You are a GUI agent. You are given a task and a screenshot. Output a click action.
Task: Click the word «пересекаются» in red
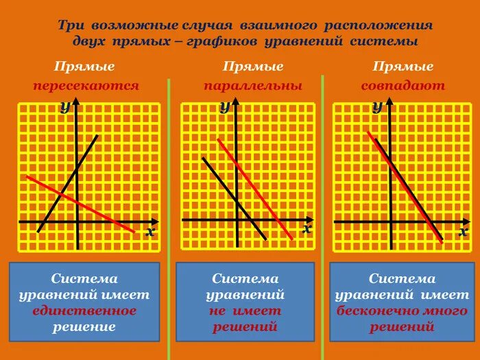click(x=86, y=86)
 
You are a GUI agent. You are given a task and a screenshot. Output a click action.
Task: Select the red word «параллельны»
click(x=252, y=86)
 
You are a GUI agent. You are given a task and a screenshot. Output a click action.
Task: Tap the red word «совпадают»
click(x=403, y=86)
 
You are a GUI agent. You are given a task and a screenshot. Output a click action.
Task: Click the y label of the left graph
click(x=64, y=106)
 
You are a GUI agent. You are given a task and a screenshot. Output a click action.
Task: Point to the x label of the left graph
click(x=149, y=232)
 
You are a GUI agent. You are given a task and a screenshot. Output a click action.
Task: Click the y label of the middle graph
click(x=224, y=106)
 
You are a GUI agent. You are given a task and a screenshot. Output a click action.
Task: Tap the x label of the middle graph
click(x=307, y=229)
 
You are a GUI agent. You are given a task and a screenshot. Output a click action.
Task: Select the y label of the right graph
click(x=376, y=106)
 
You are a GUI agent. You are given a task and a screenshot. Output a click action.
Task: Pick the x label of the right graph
click(x=464, y=232)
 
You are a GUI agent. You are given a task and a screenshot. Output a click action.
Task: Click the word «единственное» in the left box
click(x=84, y=311)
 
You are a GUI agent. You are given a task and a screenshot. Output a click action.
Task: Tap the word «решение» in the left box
click(x=84, y=326)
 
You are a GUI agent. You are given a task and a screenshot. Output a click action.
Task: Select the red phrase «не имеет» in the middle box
click(x=245, y=311)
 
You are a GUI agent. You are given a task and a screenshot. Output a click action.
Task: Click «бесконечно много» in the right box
click(x=402, y=311)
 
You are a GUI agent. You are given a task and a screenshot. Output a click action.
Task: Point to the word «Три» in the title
click(x=70, y=25)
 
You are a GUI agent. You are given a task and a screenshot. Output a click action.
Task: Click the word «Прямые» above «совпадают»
click(x=403, y=67)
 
